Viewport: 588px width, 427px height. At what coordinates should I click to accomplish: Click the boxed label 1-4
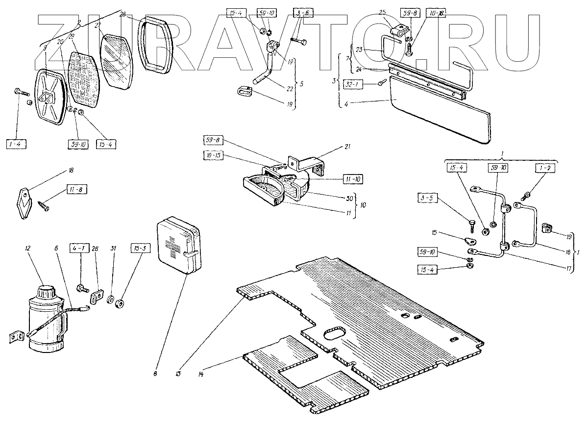[x=17, y=144]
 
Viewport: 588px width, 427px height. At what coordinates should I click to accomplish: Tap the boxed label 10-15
[x=212, y=155]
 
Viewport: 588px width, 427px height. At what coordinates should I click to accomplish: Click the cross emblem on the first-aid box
[x=173, y=245]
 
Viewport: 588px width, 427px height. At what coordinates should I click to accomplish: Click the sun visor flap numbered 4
[x=441, y=118]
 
